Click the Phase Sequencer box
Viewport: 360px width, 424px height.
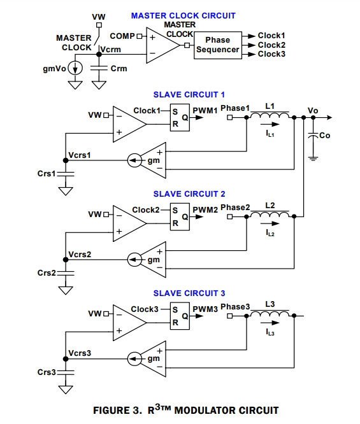pyautogui.click(x=218, y=45)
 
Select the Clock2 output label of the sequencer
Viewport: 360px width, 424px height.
pyautogui.click(x=271, y=45)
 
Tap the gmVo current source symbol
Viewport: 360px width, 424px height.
pyautogui.click(x=75, y=68)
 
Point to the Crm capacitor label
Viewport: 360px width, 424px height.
pyautogui.click(x=119, y=68)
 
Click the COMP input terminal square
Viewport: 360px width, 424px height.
pyautogui.click(x=140, y=36)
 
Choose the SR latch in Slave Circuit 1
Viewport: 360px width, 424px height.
pyautogui.click(x=180, y=118)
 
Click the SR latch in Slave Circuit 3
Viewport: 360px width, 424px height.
pyautogui.click(x=180, y=316)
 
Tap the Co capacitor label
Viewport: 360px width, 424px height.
pyautogui.click(x=324, y=136)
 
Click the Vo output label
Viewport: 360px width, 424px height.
pyautogui.click(x=313, y=111)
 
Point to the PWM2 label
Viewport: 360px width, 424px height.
pyautogui.click(x=205, y=210)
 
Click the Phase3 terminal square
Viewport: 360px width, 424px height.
pyautogui.click(x=230, y=316)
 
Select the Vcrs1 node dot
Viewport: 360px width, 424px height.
pyautogui.click(x=66, y=160)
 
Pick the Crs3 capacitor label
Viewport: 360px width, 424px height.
pyautogui.click(x=47, y=372)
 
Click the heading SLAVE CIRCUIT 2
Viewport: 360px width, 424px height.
pyautogui.click(x=189, y=194)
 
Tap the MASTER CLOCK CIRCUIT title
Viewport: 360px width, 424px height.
pyautogui.click(x=184, y=16)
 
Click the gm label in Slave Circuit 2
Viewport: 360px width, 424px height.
pyautogui.click(x=154, y=260)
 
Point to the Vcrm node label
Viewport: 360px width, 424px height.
pyautogui.click(x=110, y=50)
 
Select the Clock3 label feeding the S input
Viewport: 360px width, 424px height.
pyautogui.click(x=145, y=309)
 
